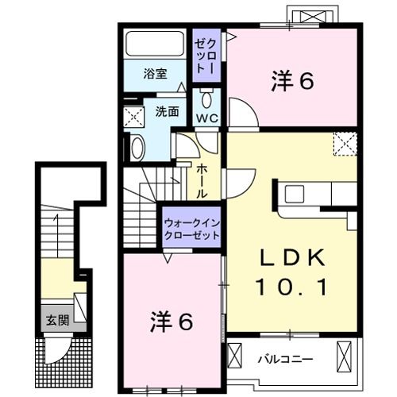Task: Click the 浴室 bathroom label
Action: [155, 74]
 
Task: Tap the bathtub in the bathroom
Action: [156, 43]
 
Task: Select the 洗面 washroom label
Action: [166, 112]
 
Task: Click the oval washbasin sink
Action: [137, 148]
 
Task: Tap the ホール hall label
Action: [203, 180]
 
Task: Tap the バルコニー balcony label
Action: [284, 359]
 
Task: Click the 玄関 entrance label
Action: [55, 322]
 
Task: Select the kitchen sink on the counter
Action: [294, 193]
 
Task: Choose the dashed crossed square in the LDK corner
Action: [345, 144]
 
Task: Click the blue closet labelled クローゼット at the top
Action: [207, 54]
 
